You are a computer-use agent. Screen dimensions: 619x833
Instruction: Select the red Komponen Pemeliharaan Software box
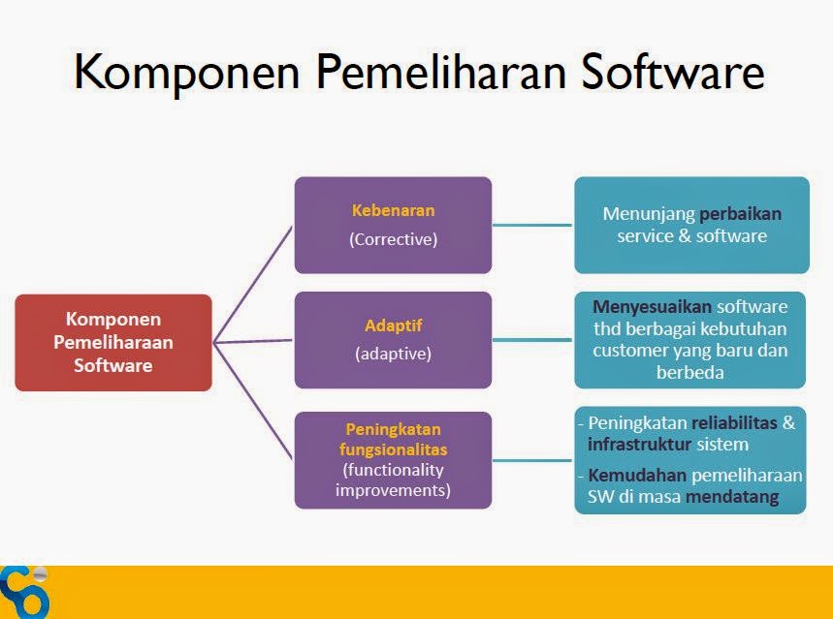tap(113, 342)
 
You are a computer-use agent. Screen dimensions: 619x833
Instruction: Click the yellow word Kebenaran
tap(393, 209)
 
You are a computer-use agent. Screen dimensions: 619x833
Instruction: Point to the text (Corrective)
tap(393, 239)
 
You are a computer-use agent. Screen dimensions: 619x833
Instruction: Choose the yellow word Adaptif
tap(393, 325)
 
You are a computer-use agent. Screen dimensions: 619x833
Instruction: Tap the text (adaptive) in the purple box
tap(393, 354)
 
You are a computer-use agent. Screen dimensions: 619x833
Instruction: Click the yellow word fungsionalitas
tap(393, 450)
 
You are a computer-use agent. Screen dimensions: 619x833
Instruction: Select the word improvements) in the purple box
tap(393, 490)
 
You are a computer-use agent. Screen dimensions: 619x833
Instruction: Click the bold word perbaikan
tap(741, 213)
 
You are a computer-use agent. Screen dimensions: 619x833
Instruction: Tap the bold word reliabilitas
tap(734, 423)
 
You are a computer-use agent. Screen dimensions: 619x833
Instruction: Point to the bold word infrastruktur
tap(638, 445)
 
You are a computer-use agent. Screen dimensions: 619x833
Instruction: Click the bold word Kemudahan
tap(636, 476)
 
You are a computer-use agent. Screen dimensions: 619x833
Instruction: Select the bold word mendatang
tap(732, 498)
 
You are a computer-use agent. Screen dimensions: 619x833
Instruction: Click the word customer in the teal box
tap(630, 350)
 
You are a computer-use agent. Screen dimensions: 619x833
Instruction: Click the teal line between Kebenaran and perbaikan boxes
tap(532, 225)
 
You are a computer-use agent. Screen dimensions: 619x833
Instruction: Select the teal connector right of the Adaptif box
tap(532, 339)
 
